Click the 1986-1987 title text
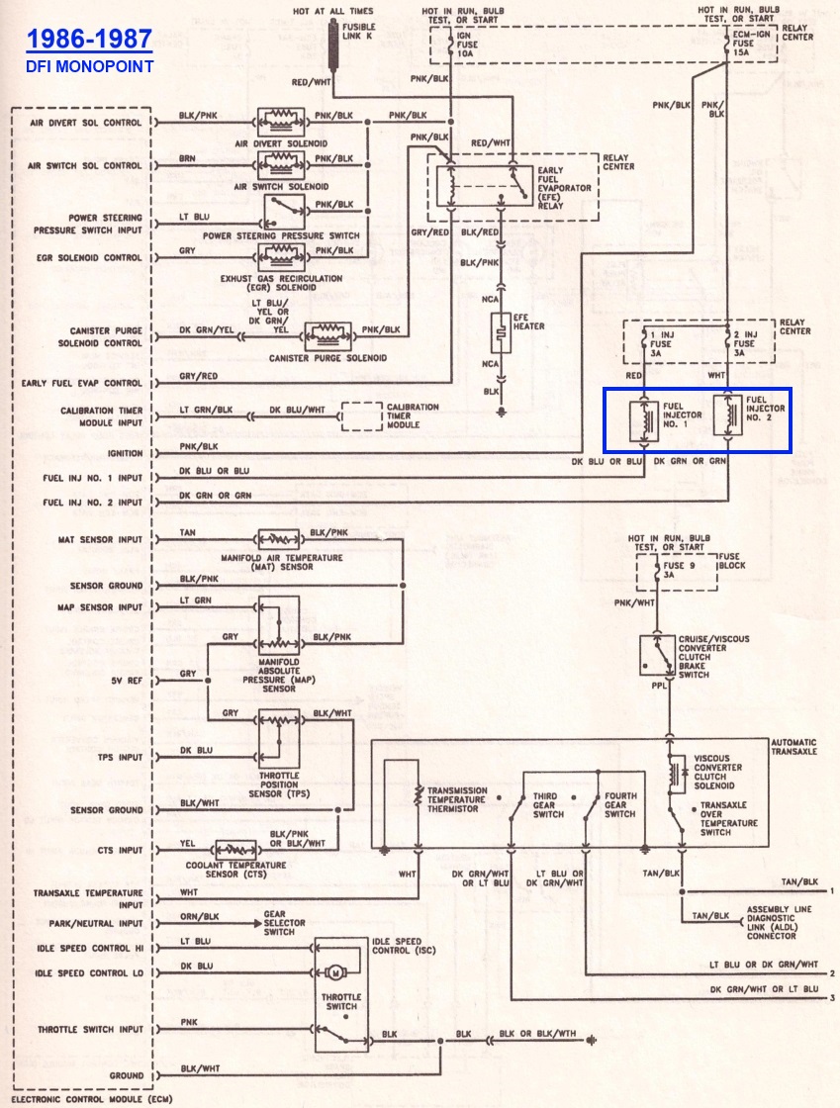pos(89,40)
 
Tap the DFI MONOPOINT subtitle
pos(89,66)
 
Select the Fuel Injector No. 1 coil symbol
pos(644,419)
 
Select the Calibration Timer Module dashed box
pos(362,415)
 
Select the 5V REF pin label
pos(125,682)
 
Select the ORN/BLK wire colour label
pos(201,916)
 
